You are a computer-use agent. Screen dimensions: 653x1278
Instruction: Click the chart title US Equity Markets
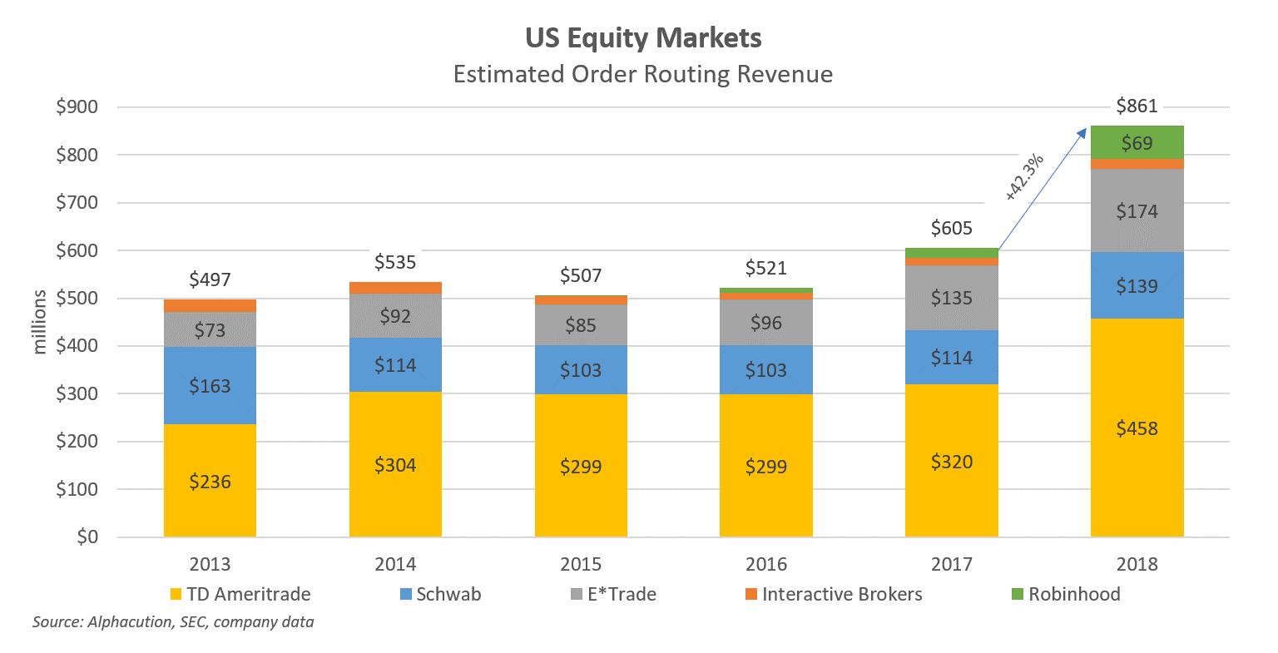tap(643, 38)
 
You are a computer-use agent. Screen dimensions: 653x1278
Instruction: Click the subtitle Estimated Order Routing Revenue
tap(643, 75)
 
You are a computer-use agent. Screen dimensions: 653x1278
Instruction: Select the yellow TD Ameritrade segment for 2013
tap(210, 481)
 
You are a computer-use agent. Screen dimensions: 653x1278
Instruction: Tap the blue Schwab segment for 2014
tap(395, 364)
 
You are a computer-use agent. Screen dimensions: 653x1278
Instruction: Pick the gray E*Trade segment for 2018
tap(1137, 211)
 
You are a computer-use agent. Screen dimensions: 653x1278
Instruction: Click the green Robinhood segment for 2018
tap(1137, 143)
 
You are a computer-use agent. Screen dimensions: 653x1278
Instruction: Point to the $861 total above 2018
tap(1137, 106)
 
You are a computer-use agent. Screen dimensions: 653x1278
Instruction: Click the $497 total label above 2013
tap(210, 280)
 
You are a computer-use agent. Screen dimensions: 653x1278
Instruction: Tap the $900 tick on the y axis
tap(77, 107)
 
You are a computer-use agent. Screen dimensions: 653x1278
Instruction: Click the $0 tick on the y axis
tap(87, 537)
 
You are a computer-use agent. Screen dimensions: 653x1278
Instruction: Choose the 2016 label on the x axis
tap(766, 565)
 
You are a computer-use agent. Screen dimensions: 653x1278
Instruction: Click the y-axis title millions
tap(40, 322)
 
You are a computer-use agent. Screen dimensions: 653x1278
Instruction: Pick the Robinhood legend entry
tap(1073, 595)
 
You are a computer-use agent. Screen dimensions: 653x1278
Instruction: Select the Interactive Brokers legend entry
tap(841, 595)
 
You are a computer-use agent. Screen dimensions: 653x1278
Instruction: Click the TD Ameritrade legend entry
tap(247, 595)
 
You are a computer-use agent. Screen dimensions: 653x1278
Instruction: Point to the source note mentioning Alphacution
tap(173, 622)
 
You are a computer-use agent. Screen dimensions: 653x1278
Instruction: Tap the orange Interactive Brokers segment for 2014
tap(395, 288)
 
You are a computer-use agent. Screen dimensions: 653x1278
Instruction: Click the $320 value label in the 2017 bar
tap(951, 462)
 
